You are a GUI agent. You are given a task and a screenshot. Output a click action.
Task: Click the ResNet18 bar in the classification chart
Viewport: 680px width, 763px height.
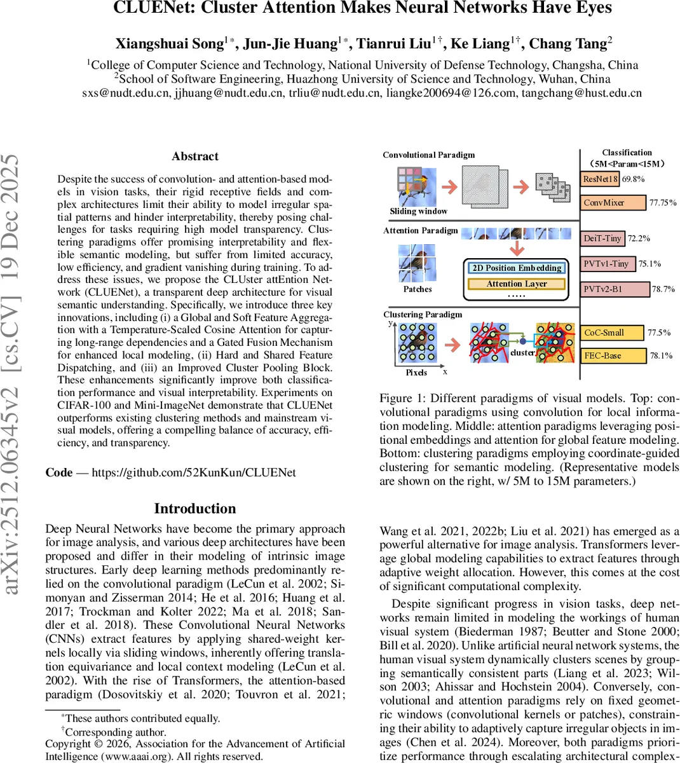pyautogui.click(x=600, y=179)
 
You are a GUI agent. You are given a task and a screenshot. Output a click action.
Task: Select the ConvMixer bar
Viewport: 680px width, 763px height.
pyautogui.click(x=614, y=203)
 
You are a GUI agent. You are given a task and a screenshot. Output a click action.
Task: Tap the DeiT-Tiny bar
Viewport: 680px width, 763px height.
pyautogui.click(x=603, y=238)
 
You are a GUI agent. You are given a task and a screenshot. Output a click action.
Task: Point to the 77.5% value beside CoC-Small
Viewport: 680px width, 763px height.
pyautogui.click(x=659, y=333)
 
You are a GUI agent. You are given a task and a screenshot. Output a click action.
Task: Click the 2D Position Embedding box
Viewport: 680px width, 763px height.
pyautogui.click(x=517, y=268)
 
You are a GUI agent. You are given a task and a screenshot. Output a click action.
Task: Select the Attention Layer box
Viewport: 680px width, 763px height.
pyautogui.click(x=517, y=284)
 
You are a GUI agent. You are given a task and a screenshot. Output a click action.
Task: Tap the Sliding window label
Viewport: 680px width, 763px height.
pyautogui.click(x=418, y=211)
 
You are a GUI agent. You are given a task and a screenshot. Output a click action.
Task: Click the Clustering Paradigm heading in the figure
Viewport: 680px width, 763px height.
pyautogui.click(x=423, y=314)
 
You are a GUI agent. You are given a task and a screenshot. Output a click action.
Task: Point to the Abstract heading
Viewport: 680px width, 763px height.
pyautogui.click(x=195, y=156)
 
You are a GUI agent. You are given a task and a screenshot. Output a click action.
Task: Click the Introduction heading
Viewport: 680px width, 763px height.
pyautogui.click(x=195, y=509)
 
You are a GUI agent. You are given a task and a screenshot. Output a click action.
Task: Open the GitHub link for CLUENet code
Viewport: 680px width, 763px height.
pyautogui.click(x=194, y=472)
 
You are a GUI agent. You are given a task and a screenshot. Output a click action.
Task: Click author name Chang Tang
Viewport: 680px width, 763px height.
pyautogui.click(x=568, y=44)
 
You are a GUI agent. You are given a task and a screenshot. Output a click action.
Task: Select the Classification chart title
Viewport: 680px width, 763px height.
pyautogui.click(x=627, y=153)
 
